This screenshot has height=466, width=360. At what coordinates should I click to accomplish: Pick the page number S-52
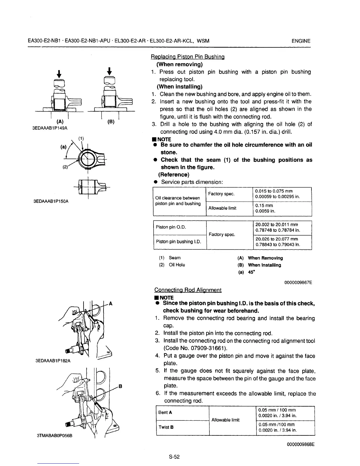tap(174, 457)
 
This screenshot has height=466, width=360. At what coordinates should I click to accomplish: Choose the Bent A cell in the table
tap(165, 412)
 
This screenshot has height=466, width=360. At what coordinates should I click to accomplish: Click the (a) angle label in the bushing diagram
tap(64, 146)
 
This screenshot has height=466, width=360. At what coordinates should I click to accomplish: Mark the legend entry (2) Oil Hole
tap(172, 265)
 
